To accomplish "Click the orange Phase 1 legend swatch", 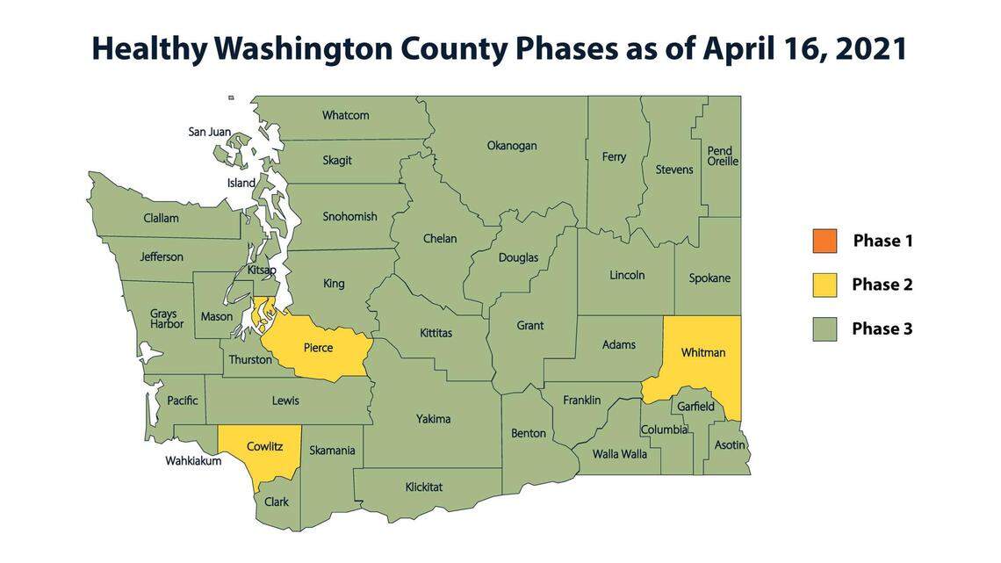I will (825, 241).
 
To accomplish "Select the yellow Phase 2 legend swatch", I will (825, 285).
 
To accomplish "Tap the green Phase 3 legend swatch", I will (825, 328).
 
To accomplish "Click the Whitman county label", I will (703, 352).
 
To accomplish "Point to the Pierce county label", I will (318, 348).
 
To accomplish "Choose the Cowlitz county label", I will (263, 446).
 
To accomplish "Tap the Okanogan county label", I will (512, 146).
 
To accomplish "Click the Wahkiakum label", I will (193, 460).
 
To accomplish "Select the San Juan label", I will (210, 132).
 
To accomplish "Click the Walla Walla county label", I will (620, 454).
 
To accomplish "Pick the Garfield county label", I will (695, 407).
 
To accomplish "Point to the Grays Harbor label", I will (167, 319).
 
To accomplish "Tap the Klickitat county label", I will (424, 487).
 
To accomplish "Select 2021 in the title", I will (871, 49).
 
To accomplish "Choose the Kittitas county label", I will (436, 334).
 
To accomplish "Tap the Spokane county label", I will (709, 278).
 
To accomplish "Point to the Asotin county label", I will (730, 445).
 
